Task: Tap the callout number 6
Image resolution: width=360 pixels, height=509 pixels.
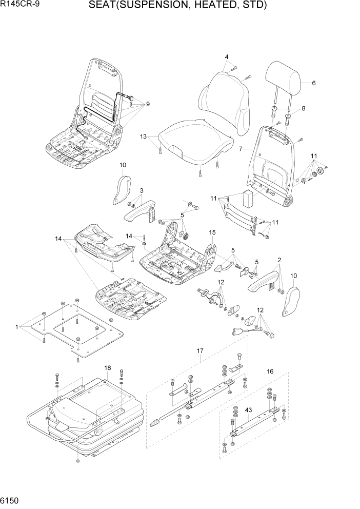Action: click(313, 83)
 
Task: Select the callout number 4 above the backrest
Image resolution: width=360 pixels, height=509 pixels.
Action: click(226, 56)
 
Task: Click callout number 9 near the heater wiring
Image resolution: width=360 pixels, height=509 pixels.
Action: click(148, 104)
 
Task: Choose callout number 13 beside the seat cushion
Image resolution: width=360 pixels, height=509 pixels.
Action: click(144, 136)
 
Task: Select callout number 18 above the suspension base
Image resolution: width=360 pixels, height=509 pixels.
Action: click(107, 368)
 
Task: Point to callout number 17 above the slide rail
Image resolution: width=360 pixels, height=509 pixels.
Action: click(200, 351)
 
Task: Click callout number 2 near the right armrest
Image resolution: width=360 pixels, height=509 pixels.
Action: click(279, 260)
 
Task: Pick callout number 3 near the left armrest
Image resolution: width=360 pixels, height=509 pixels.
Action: click(141, 191)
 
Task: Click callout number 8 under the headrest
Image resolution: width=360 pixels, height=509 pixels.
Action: click(303, 109)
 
